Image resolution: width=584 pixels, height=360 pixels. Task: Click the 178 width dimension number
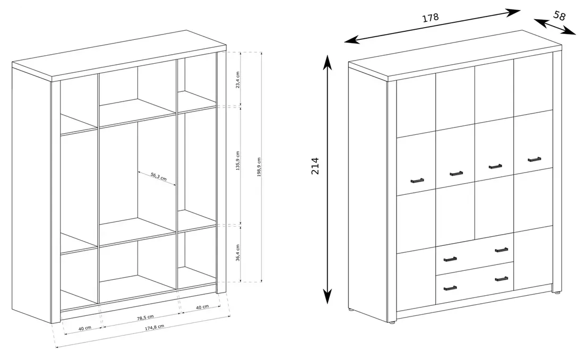(431, 18)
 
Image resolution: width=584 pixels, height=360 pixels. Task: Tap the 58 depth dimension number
(560, 15)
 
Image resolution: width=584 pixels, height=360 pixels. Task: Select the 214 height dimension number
(315, 166)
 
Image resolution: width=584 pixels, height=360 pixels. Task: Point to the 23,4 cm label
(238, 79)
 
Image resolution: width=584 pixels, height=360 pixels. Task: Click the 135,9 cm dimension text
(238, 161)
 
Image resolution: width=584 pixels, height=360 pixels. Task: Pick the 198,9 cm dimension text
(259, 167)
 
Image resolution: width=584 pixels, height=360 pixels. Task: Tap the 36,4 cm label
(238, 253)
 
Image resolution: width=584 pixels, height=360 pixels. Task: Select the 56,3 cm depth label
(158, 176)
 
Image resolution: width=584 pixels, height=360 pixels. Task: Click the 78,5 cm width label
(145, 317)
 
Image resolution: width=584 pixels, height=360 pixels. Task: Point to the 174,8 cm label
(154, 327)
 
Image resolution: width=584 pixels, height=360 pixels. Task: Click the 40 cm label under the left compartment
(85, 328)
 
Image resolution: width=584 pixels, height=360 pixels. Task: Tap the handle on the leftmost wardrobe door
(417, 181)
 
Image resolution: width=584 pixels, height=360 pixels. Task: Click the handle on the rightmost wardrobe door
(535, 159)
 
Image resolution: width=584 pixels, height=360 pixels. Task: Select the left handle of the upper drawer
(450, 259)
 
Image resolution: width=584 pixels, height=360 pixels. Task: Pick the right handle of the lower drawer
(502, 279)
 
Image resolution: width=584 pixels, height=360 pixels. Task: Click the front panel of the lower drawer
(475, 283)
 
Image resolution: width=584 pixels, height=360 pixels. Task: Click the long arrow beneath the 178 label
(432, 27)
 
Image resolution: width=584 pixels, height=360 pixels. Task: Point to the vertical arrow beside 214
(328, 179)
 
